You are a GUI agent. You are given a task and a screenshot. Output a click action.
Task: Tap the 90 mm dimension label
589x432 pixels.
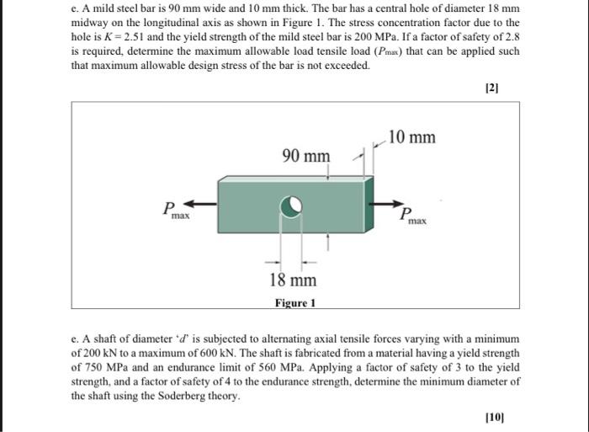pos(306,156)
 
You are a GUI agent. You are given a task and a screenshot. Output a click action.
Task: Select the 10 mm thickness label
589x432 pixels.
pos(413,136)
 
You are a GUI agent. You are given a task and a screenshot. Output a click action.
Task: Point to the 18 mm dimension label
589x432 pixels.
pos(293,280)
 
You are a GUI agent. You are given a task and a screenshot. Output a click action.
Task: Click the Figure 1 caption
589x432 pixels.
pos(295,303)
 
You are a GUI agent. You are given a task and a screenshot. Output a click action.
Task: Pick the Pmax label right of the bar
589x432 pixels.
pos(412,217)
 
